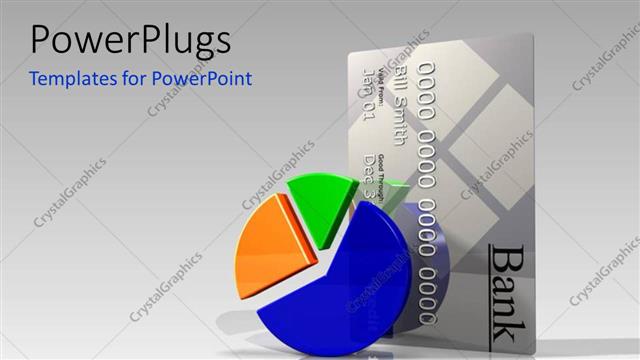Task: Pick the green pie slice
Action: click(x=323, y=204)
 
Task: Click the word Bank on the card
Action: click(x=507, y=290)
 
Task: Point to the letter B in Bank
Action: click(x=507, y=259)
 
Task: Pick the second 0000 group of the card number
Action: click(x=426, y=155)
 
